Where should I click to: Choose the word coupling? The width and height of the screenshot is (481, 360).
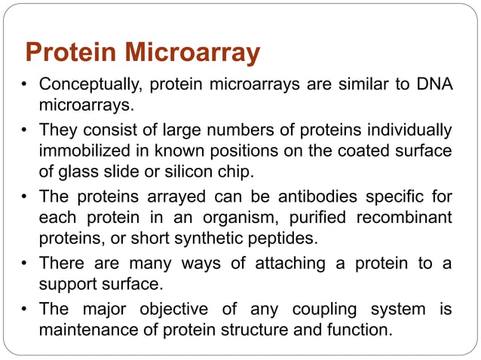(x=321, y=310)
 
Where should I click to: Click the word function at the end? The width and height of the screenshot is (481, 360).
(x=359, y=329)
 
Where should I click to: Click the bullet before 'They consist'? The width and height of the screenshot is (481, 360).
(x=25, y=131)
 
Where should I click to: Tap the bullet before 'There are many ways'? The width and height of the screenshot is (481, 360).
(x=25, y=265)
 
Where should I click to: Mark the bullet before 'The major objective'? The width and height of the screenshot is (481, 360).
(x=25, y=310)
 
